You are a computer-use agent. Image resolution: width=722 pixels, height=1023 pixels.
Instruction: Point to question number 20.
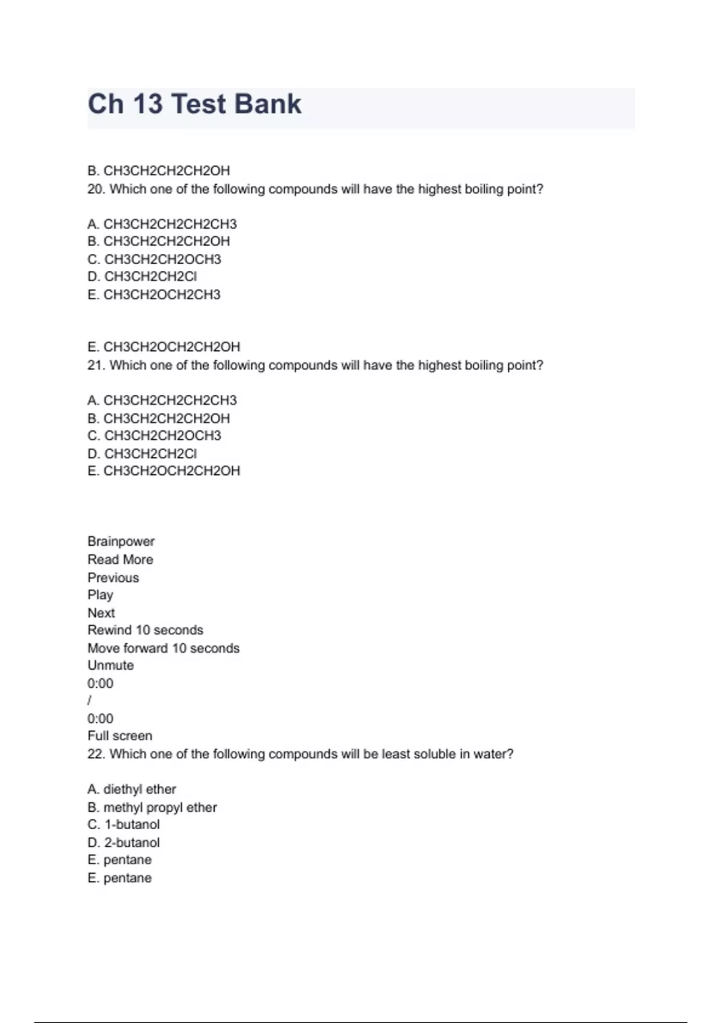point(96,189)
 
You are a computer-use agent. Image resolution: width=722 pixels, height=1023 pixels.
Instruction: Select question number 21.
point(96,365)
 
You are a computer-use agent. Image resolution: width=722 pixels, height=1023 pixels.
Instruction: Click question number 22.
point(96,754)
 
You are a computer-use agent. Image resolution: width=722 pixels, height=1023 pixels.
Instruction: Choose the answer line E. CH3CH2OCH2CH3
point(154,295)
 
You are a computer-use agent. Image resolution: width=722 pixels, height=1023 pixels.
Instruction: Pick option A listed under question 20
point(162,224)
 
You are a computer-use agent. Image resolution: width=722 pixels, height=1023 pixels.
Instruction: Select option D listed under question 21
point(142,453)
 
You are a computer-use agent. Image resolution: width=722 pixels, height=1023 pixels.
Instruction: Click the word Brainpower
point(121,542)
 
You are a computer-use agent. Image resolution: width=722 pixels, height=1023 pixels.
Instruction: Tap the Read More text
point(120,560)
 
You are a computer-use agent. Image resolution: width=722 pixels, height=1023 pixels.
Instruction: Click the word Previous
point(113,578)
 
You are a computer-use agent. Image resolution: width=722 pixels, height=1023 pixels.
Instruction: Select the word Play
point(100,595)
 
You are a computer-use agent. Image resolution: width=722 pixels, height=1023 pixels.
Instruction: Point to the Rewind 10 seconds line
point(145,630)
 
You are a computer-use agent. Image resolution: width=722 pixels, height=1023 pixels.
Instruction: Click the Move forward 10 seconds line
point(163,648)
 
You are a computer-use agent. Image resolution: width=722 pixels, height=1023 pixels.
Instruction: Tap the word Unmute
point(111,666)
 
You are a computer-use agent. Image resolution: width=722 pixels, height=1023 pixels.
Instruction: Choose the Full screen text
point(120,736)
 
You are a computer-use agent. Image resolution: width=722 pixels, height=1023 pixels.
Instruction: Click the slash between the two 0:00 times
point(90,700)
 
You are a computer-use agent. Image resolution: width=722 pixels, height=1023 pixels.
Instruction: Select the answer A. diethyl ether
point(132,790)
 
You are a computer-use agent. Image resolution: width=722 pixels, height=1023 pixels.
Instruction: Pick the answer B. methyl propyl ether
point(152,808)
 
